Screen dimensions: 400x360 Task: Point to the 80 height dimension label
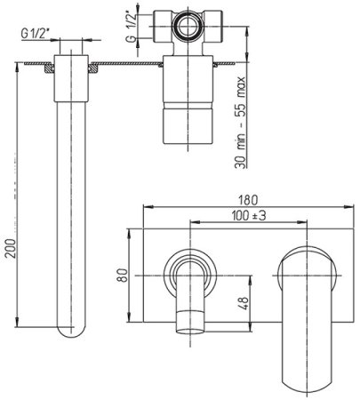point(123,276)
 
